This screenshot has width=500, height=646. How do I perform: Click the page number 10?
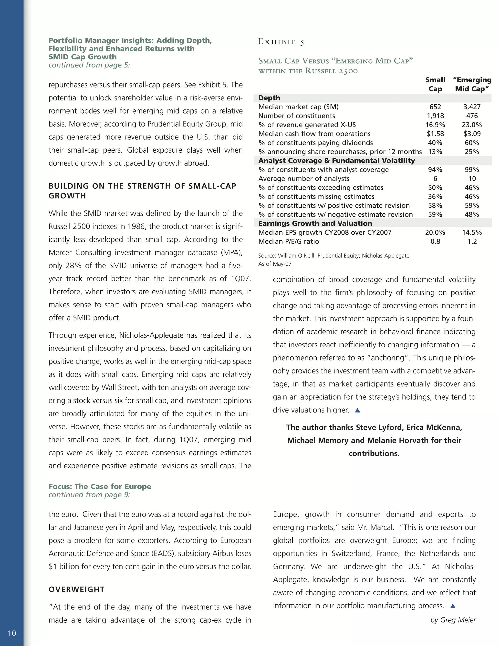[11, 633]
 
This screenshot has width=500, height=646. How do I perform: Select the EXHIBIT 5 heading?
[281, 42]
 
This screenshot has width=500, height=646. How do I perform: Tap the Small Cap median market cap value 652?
[435, 107]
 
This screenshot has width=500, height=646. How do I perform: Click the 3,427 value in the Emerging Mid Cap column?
[472, 107]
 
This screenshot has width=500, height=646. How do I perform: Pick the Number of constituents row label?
[296, 116]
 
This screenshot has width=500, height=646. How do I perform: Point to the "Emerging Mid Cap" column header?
[472, 84]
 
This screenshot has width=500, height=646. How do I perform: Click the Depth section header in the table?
[269, 98]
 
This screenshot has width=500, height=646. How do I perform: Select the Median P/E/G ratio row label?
[289, 241]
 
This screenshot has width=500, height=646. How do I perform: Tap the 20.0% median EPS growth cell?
[435, 233]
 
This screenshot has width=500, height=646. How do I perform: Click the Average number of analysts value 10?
[472, 179]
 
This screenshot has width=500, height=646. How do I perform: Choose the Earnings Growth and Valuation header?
[315, 223]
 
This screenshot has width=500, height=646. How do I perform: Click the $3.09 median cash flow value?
[472, 134]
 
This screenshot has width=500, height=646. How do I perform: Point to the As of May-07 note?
[275, 264]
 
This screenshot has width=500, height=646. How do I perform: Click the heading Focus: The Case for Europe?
[100, 487]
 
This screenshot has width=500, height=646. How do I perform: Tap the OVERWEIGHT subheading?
[76, 589]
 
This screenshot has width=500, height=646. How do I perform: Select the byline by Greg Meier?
[453, 620]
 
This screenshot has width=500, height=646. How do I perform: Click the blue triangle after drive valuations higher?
[357, 410]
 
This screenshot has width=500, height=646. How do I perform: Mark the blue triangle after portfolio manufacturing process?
[453, 606]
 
